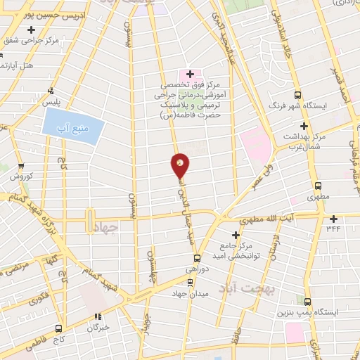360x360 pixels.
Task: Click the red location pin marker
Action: click(180, 165)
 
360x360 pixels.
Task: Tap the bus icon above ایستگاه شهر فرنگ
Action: click(298, 96)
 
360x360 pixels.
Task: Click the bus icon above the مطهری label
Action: click(319, 186)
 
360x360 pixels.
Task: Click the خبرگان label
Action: click(98, 328)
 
